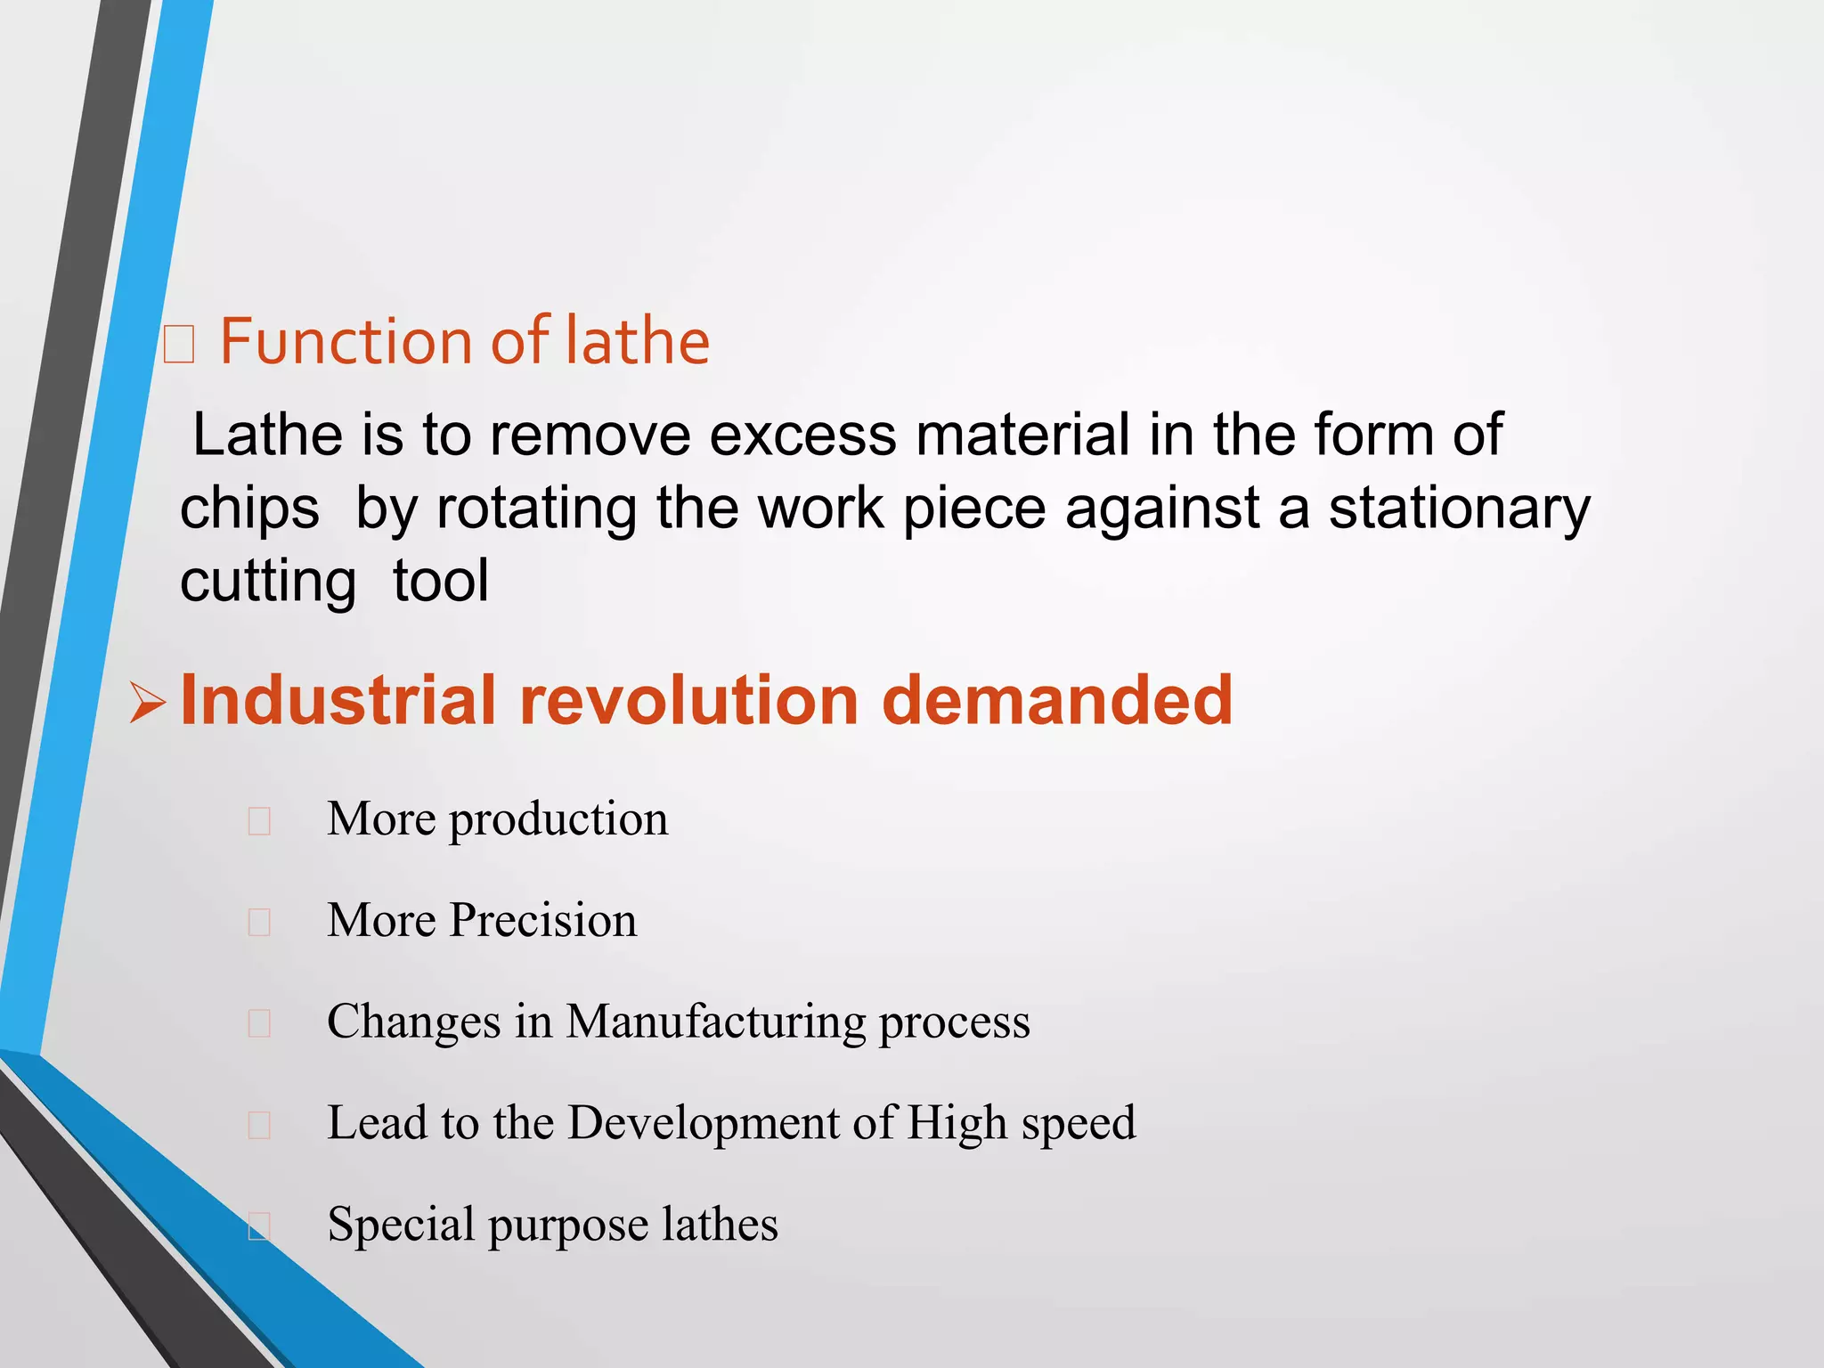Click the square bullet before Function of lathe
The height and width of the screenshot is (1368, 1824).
pyautogui.click(x=179, y=344)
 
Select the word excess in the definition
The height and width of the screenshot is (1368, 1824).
pyautogui.click(x=802, y=435)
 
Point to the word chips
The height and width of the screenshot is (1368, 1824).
pyautogui.click(x=249, y=509)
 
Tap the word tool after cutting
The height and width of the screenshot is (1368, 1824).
pyautogui.click(x=441, y=581)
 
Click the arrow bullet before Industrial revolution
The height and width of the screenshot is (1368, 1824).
pyautogui.click(x=147, y=703)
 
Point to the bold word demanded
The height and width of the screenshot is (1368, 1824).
pyautogui.click(x=1057, y=701)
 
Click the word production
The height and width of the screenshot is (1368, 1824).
pyautogui.click(x=558, y=820)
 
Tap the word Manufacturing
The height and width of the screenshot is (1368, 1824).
pyautogui.click(x=715, y=1022)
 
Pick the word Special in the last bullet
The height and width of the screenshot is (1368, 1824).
pyautogui.click(x=400, y=1225)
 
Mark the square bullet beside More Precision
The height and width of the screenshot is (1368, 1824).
pyautogui.click(x=259, y=922)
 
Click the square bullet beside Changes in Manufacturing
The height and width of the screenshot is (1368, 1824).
pyautogui.click(x=259, y=1023)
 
